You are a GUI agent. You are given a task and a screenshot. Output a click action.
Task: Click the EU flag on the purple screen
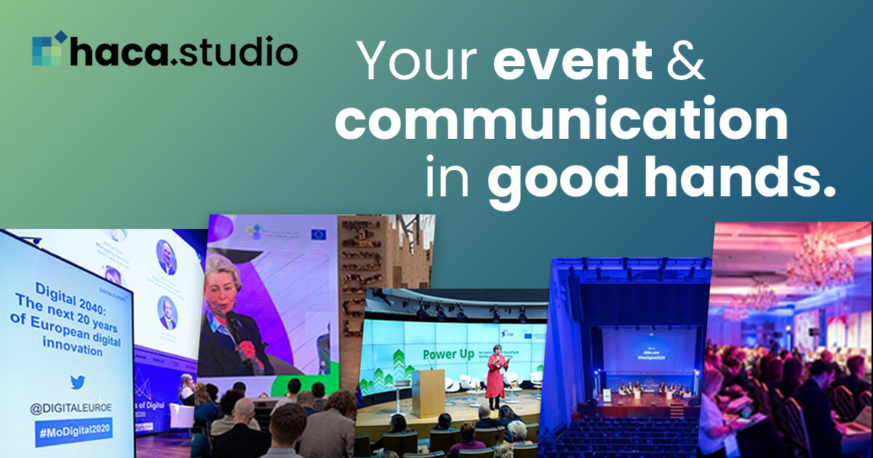(318, 235)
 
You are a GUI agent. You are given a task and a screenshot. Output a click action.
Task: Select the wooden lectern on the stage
(428, 392)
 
